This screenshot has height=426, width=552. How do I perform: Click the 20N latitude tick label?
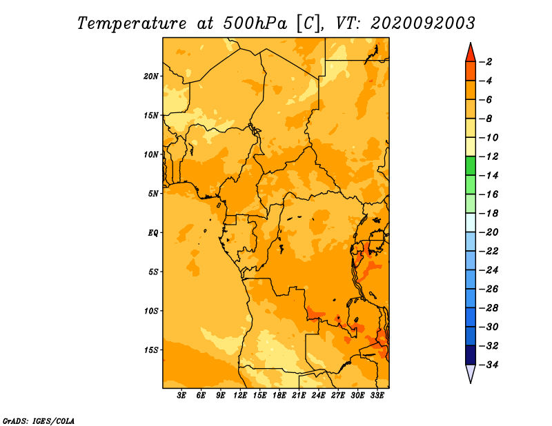[151, 77]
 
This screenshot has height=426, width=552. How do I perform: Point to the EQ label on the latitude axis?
[153, 233]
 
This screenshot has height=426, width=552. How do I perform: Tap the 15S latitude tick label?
[151, 350]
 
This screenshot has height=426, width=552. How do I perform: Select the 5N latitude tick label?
[153, 194]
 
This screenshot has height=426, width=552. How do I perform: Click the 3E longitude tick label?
[181, 396]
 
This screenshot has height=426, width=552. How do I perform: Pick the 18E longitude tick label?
[279, 396]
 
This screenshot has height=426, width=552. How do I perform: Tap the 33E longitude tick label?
[377, 396]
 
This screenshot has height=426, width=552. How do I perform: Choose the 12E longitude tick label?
[240, 396]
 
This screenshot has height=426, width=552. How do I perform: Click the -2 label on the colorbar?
[486, 62]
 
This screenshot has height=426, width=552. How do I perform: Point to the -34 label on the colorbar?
[489, 365]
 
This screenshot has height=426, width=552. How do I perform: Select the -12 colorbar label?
[489, 156]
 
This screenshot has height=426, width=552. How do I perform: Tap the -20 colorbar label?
[489, 232]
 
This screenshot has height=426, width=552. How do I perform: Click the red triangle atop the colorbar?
[471, 54]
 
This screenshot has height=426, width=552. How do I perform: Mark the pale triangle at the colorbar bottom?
[471, 372]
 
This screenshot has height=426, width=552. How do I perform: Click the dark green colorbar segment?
[471, 166]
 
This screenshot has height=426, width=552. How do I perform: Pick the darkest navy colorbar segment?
[471, 355]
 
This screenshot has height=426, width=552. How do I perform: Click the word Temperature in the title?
[132, 23]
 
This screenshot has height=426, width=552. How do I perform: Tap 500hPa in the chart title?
[255, 23]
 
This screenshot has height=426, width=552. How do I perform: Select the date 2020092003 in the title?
[423, 23]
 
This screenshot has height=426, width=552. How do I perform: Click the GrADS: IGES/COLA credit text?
[39, 421]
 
